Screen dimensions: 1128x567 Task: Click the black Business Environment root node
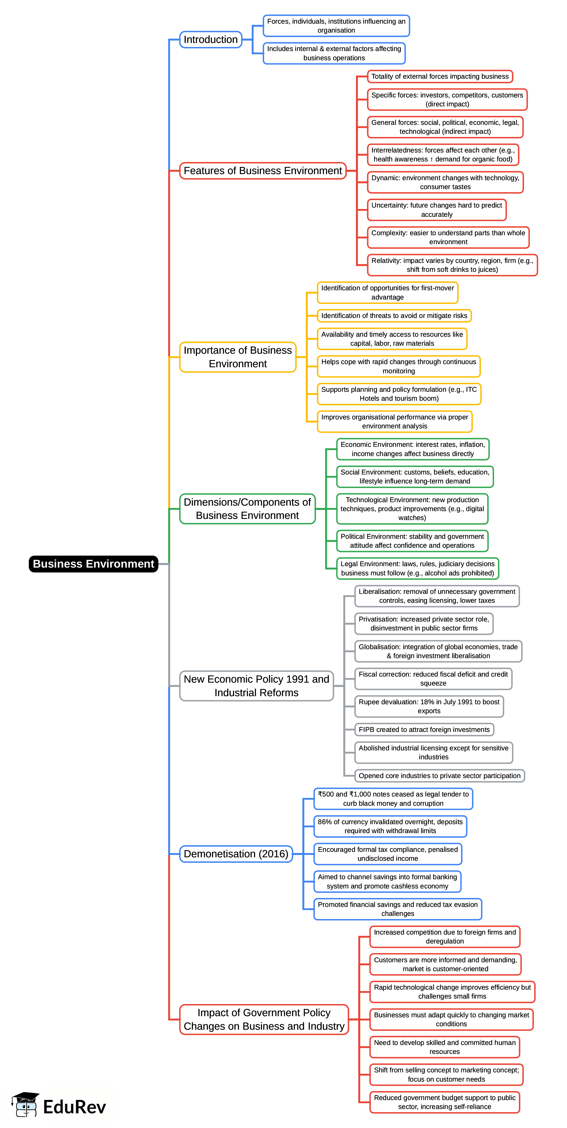pos(93,564)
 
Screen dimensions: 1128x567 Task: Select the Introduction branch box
pos(211,39)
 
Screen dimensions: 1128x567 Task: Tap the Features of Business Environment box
pos(263,170)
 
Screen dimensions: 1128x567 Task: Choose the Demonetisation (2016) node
pos(236,854)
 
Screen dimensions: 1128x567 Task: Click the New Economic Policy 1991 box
pos(256,686)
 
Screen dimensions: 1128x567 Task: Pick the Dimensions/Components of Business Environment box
pos(247,509)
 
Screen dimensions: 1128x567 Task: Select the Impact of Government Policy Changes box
pos(264,1019)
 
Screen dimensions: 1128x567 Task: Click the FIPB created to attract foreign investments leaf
pos(424,730)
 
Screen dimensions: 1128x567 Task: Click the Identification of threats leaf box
pos(394,315)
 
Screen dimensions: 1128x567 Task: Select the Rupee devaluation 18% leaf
pos(429,706)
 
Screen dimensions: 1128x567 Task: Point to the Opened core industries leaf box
pos(439,775)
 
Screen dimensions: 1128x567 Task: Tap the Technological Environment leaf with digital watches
pos(412,509)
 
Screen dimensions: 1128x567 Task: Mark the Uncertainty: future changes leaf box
pos(437,210)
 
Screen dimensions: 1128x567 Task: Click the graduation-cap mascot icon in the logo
pos(25,1104)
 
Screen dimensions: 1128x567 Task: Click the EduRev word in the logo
pos(74,1107)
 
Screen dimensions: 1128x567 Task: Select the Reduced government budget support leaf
pos(445,1102)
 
